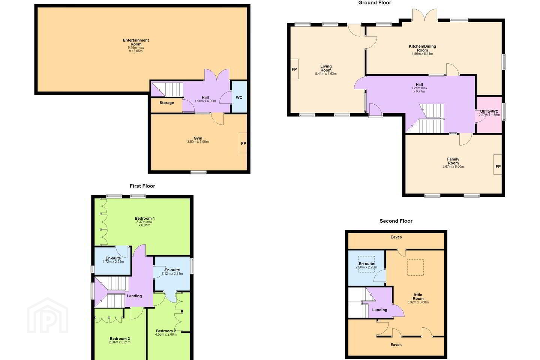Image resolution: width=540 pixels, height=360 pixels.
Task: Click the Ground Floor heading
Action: (x=375, y=3)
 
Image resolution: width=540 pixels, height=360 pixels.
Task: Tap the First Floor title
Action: (x=142, y=186)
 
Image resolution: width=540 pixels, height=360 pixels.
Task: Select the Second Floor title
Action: (x=396, y=221)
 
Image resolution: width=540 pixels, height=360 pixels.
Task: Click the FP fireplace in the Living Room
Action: (x=294, y=69)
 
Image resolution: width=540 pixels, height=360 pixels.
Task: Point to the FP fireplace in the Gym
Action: (x=243, y=143)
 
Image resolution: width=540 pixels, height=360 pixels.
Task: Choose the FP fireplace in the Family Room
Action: (x=498, y=166)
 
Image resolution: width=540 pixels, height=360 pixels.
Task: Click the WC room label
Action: (x=239, y=97)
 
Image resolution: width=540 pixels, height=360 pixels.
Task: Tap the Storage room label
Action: (x=166, y=103)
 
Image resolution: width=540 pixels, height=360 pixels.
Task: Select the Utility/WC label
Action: (x=489, y=111)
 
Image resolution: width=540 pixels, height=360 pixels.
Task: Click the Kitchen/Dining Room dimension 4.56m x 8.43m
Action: (x=422, y=54)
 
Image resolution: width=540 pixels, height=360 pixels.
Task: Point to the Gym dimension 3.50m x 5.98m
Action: (x=198, y=142)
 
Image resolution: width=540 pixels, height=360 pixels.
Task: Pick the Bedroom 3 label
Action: (x=120, y=339)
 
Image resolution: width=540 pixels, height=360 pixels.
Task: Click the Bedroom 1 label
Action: (x=145, y=219)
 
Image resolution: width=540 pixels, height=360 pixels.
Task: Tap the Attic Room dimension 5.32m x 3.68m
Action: (x=418, y=302)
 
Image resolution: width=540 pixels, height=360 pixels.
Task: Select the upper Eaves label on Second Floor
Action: (x=396, y=237)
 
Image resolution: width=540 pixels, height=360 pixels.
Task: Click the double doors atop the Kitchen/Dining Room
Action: (x=424, y=15)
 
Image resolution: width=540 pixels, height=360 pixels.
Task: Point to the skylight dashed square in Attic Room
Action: (x=415, y=267)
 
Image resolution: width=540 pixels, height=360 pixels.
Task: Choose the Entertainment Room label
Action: (x=136, y=42)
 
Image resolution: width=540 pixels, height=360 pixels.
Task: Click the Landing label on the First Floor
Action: (x=134, y=296)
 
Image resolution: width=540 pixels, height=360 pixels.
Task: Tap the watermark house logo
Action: (x=48, y=315)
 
